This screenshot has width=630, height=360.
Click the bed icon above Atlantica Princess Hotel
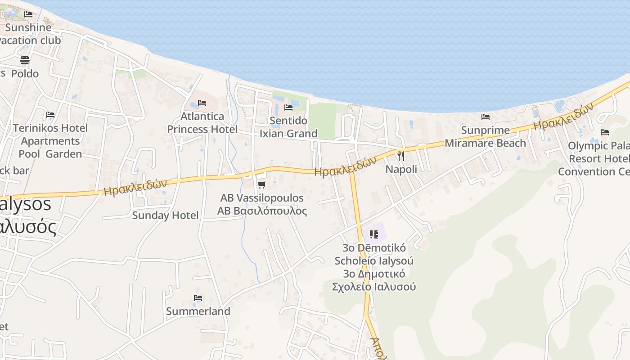tap(202, 103)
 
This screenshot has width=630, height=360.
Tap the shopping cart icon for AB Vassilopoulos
tap(261, 184)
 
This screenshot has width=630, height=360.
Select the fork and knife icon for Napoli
tap(401, 156)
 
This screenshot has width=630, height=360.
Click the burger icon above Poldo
tap(25, 60)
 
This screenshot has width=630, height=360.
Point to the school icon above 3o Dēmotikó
tap(374, 234)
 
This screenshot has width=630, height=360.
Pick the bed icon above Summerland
tap(198, 297)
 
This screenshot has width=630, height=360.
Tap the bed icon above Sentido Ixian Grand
tap(288, 107)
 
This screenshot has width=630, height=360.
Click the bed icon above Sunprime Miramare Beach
tap(485, 117)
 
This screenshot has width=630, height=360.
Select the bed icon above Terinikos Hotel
tap(50, 115)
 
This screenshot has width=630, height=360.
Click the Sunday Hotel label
tap(165, 215)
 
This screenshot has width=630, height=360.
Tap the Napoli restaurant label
tap(401, 169)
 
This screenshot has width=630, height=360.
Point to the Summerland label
tap(198, 311)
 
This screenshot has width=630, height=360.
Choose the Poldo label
tap(25, 73)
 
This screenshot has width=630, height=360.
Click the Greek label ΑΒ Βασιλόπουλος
tap(262, 211)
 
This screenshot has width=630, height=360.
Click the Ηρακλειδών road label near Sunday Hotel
tap(135, 187)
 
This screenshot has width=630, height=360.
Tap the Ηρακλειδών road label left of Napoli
tap(345, 166)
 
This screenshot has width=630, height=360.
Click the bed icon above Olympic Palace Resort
tap(605, 132)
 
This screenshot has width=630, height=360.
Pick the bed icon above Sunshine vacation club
tap(28, 14)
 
